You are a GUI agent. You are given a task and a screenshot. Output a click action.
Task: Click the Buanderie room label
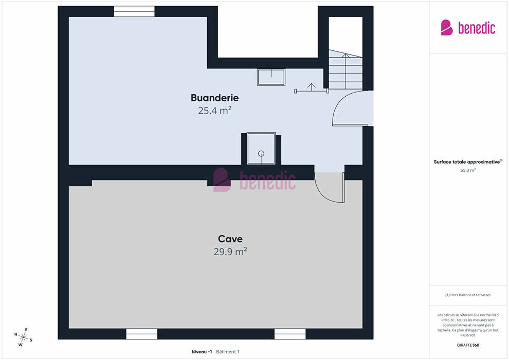tap(214, 98)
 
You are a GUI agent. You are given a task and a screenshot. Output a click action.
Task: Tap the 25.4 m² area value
tap(214, 111)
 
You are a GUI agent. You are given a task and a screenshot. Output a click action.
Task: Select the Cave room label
tap(230, 239)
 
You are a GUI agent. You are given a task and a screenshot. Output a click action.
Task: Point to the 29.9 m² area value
tap(230, 251)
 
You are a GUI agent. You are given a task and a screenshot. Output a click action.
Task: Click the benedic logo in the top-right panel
tap(468, 28)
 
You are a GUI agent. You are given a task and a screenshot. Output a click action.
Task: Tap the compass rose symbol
tap(23, 337)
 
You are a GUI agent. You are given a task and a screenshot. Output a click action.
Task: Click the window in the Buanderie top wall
tap(134, 11)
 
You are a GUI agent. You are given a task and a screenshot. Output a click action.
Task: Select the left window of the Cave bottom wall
tap(141, 334)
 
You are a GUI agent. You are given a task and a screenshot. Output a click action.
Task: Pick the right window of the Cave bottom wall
tap(290, 334)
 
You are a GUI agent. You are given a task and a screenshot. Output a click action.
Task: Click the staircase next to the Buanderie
tap(346, 69)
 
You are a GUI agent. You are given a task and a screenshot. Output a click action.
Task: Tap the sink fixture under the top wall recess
tap(271, 77)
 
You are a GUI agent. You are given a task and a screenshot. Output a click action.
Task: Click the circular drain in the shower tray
tap(261, 154)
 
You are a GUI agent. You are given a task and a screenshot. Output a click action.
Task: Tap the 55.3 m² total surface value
tap(468, 170)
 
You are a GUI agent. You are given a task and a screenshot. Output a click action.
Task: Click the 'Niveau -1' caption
tap(202, 352)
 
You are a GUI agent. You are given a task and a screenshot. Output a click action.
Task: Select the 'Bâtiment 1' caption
tap(228, 352)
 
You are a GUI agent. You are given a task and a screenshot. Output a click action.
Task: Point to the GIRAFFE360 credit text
tap(468, 345)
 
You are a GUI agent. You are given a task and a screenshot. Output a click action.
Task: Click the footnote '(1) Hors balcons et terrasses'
tap(468, 295)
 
